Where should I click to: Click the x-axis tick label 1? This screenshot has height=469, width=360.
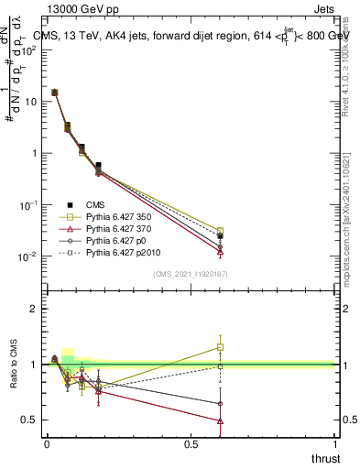click(336, 444)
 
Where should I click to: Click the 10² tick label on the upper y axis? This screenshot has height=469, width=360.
click(29, 49)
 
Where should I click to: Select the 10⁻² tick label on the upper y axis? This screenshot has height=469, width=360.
click(27, 256)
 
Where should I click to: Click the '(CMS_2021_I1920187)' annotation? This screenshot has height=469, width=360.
click(191, 274)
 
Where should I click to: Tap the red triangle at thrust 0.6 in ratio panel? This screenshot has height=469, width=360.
click(220, 421)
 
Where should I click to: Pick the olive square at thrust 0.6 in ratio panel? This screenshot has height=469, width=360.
click(220, 347)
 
